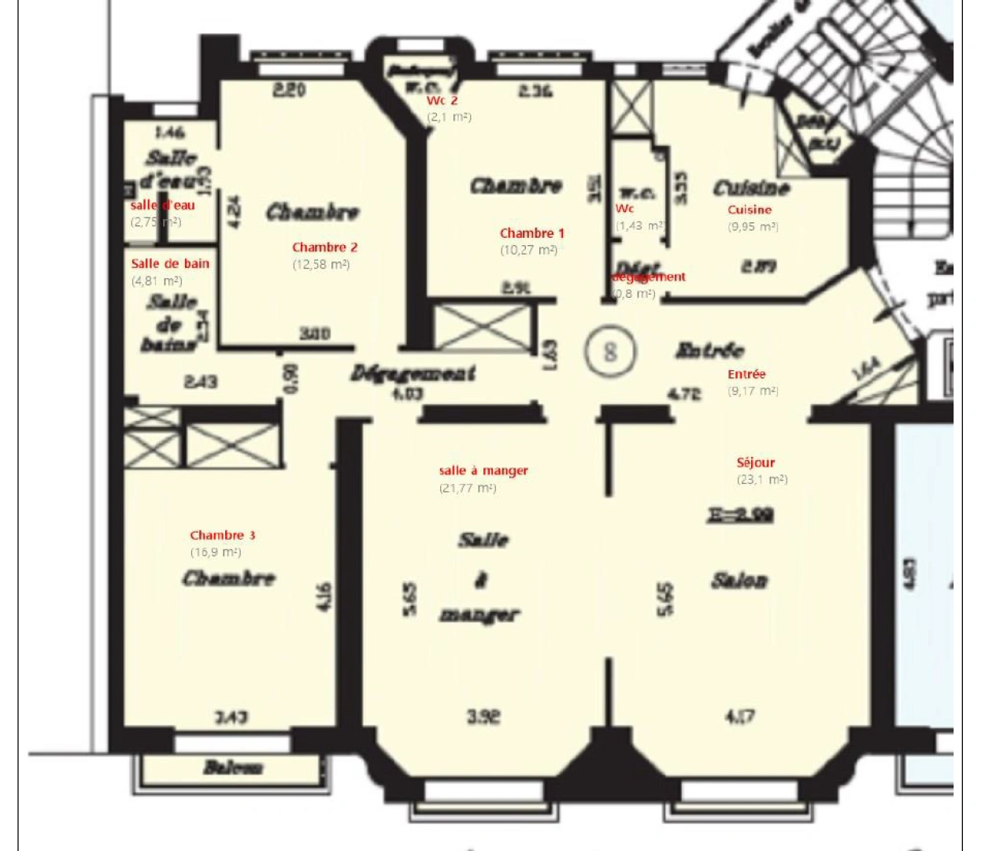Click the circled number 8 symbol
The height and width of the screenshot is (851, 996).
[x=610, y=351]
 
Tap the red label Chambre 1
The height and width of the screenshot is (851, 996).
[x=531, y=233]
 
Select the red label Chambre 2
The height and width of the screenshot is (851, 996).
[x=324, y=247]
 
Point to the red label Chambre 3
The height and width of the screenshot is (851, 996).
[x=222, y=536]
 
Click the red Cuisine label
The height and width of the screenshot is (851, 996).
[x=750, y=210]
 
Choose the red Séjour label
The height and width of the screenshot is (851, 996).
[x=756, y=463]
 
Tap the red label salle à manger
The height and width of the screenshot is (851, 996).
[x=483, y=470]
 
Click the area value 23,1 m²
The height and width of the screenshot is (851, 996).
[x=762, y=479]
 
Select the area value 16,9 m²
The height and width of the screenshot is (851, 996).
[x=216, y=552]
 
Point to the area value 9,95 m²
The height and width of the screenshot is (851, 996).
[x=753, y=227]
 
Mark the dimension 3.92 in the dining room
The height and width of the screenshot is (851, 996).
[x=483, y=717]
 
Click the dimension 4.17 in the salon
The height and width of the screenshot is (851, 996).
[x=739, y=717]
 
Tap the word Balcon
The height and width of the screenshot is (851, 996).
[x=232, y=767]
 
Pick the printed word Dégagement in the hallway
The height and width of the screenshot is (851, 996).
[x=413, y=373]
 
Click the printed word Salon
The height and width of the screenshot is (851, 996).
[x=739, y=582]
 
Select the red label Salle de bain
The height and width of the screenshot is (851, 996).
[x=170, y=264]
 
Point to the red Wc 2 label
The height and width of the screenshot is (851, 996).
[x=442, y=101]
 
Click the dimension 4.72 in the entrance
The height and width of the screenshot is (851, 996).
[x=683, y=393]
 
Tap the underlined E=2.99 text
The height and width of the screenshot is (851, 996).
[x=741, y=516]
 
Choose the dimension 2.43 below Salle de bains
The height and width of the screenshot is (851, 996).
[x=201, y=382]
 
